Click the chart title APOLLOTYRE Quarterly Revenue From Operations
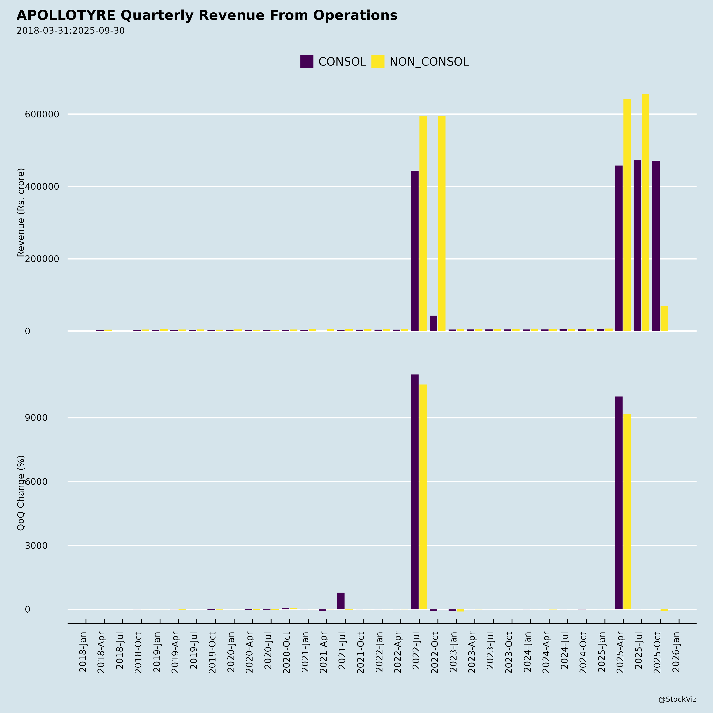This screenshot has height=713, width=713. click(x=207, y=15)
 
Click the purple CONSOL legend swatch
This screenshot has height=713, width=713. click(x=306, y=62)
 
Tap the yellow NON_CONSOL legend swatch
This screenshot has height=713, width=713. click(x=377, y=62)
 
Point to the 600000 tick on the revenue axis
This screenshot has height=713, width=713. click(x=42, y=114)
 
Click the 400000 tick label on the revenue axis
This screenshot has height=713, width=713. click(x=42, y=187)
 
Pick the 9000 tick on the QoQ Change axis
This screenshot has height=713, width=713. click(x=36, y=418)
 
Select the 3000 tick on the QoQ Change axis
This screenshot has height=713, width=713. click(x=36, y=545)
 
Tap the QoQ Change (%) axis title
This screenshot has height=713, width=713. click(x=21, y=493)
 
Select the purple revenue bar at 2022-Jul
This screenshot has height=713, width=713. click(x=415, y=251)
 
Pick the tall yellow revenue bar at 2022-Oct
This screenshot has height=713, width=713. click(x=442, y=223)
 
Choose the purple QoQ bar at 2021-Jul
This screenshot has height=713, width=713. click(x=341, y=601)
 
